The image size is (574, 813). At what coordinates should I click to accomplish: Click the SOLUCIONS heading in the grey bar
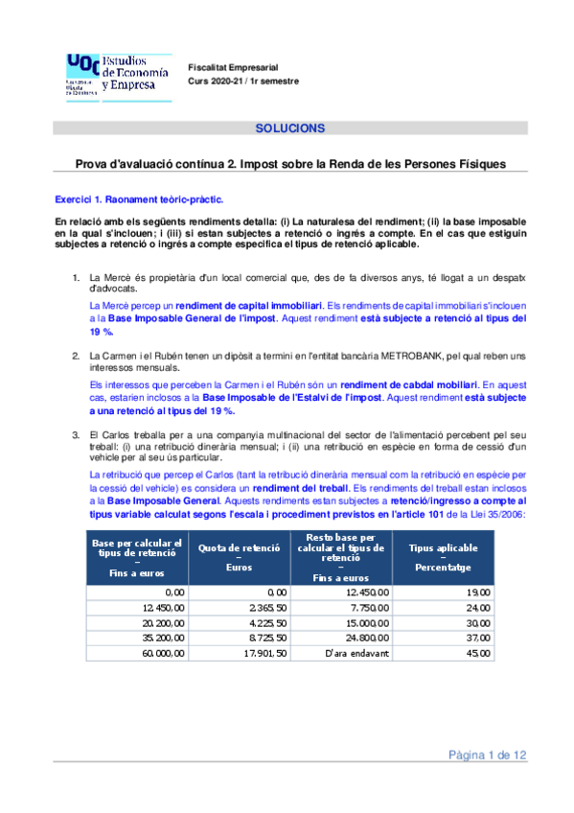[290, 128]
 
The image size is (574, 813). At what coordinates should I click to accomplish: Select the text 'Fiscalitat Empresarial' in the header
[233, 67]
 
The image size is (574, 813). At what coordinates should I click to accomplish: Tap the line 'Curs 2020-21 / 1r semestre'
[243, 81]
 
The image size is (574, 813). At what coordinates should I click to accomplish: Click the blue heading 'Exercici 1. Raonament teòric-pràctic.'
[139, 199]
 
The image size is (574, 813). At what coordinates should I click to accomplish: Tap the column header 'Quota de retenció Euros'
[238, 556]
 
